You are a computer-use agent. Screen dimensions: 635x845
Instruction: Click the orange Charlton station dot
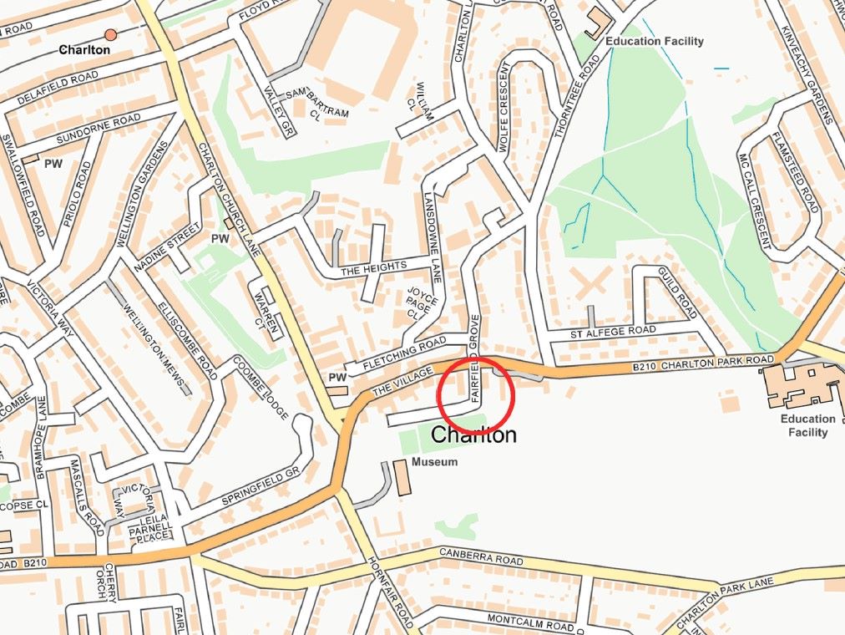[x=110, y=35]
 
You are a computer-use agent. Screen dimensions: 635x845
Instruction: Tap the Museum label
[x=436, y=462]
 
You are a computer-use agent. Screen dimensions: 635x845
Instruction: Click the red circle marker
[x=475, y=394]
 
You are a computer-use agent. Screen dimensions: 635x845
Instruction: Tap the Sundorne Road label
[x=98, y=130]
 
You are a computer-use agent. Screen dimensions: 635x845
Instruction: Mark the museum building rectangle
[x=402, y=478]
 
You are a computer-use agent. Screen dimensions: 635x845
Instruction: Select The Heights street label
[x=373, y=267]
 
